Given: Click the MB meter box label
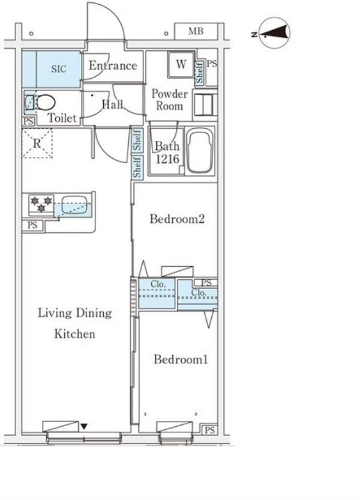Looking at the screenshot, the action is [196, 31].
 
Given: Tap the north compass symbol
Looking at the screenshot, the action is [274, 33].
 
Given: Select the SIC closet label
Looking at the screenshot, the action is [59, 68].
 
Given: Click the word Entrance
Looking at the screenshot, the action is [113, 65].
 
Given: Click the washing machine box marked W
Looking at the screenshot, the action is [181, 64].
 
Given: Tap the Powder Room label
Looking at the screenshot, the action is [169, 100].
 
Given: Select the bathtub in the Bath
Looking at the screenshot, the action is [199, 151].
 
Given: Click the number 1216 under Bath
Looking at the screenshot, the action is [167, 159].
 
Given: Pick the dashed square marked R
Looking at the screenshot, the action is [37, 143].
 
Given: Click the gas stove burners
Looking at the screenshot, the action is [41, 204].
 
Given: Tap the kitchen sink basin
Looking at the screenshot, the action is [74, 204].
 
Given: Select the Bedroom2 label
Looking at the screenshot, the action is [177, 219].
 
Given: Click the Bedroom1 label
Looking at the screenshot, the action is [181, 359].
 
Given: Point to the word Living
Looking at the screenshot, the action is [55, 313].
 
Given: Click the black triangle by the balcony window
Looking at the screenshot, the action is [84, 426].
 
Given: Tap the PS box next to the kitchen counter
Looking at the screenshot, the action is [32, 225].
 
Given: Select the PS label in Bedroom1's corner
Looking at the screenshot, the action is [209, 430].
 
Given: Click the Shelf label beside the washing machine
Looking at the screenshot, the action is [199, 73].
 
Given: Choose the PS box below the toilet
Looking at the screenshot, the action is [29, 122].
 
